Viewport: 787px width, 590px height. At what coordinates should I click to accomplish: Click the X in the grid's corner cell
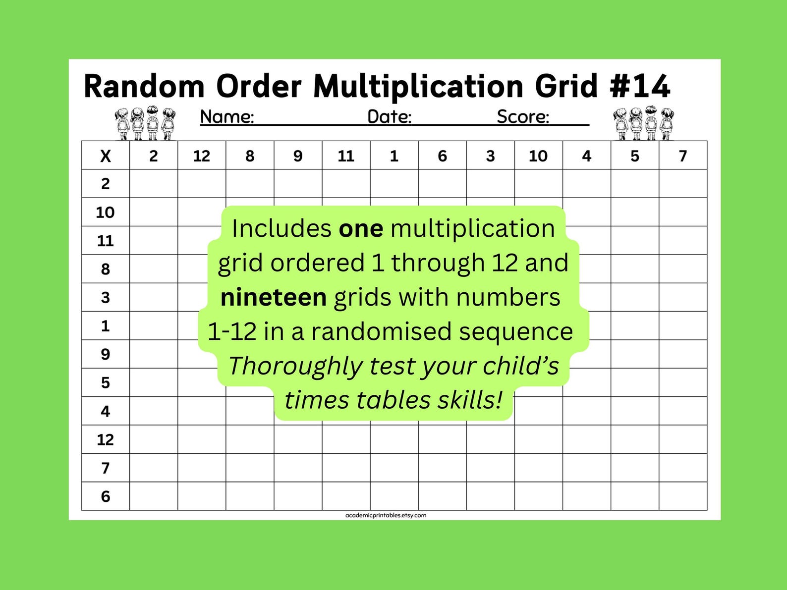106,156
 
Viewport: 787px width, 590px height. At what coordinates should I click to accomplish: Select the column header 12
202,156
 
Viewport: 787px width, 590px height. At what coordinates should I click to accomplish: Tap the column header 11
346,156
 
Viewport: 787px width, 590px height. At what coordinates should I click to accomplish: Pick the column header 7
683,156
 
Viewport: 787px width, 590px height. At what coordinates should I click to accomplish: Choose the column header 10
538,156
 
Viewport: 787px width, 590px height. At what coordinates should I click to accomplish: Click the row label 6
106,496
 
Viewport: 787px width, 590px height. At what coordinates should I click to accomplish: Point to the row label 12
106,439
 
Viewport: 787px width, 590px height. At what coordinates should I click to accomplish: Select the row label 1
106,326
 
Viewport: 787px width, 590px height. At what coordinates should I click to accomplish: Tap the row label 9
106,354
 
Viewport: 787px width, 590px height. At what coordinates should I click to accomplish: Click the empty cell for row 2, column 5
635,184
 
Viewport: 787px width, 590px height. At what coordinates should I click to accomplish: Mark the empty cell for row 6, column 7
683,496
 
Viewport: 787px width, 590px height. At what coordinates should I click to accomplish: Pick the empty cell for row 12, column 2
154,439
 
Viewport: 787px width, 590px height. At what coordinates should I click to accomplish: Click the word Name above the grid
227,117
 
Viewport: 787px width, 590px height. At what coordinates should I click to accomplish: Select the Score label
523,117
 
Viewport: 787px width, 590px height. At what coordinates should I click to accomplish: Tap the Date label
390,117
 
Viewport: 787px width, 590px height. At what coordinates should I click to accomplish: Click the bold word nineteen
274,298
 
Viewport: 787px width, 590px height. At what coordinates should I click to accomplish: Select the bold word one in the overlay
361,229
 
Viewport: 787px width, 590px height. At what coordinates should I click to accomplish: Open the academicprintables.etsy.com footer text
386,515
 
